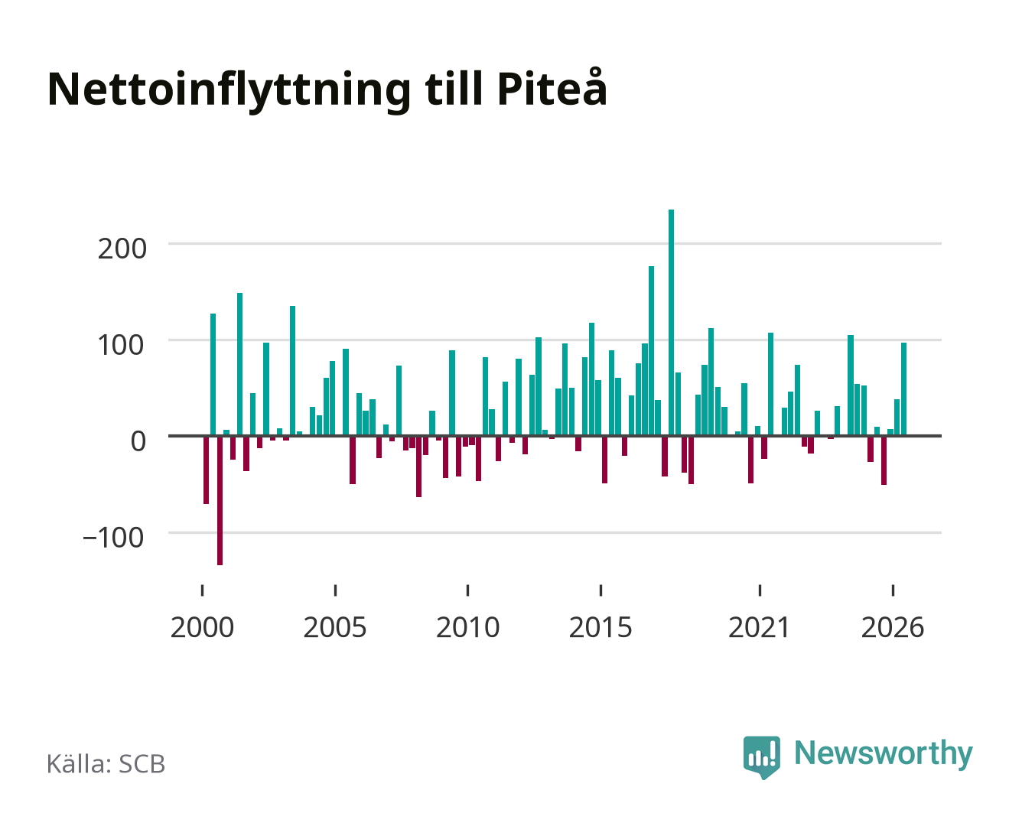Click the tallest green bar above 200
tap(671, 322)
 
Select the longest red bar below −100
tap(220, 500)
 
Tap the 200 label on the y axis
tap(122, 249)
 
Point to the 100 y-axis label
tap(120, 345)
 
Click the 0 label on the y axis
tap(138, 441)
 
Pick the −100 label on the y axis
tap(113, 537)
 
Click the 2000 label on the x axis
tap(202, 627)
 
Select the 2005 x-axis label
tap(335, 627)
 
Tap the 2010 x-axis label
tap(468, 627)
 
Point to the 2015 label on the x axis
tap(601, 627)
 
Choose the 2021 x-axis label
tap(759, 627)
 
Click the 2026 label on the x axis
tap(893, 627)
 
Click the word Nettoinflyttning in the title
tap(229, 90)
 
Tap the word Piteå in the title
tap(552, 87)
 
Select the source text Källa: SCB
tap(106, 764)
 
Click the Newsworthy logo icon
tap(761, 756)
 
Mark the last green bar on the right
tap(903, 389)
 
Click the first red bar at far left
tap(206, 470)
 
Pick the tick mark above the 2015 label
tap(601, 590)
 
